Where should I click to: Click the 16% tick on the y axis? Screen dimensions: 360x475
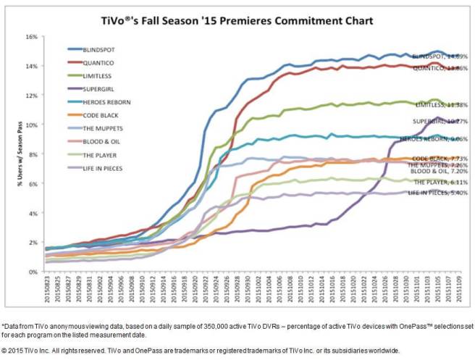point(33,36)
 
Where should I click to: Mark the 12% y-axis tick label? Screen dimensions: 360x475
point(33,95)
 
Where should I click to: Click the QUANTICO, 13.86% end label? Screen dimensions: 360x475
point(440,68)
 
